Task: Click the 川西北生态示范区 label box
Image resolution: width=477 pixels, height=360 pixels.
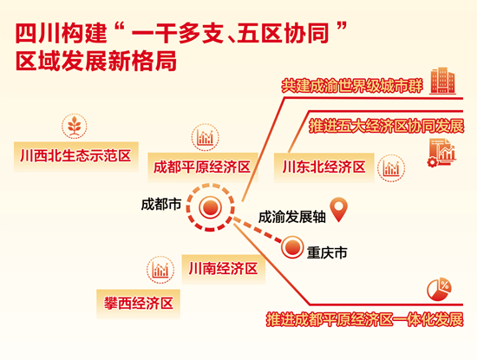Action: (x=76, y=156)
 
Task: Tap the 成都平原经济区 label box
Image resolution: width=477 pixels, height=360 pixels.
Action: (x=203, y=167)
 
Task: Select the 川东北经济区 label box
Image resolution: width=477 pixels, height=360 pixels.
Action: (x=324, y=167)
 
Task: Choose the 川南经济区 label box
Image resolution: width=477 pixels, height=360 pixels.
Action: (x=224, y=269)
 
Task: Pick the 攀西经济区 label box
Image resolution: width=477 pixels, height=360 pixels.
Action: (x=139, y=304)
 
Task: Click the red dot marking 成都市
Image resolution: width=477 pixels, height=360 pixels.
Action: (x=210, y=207)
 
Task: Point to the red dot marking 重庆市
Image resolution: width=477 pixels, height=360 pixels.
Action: (x=292, y=247)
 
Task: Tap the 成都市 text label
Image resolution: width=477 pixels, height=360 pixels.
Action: (x=161, y=204)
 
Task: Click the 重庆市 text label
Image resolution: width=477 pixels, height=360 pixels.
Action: (x=327, y=253)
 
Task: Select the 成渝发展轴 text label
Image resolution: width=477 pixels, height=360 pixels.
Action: (x=292, y=217)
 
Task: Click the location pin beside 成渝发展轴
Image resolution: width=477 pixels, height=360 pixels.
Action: (x=339, y=209)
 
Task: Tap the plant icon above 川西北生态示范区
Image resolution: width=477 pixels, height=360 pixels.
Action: (x=75, y=127)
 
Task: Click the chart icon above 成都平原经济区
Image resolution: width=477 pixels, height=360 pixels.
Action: (x=206, y=137)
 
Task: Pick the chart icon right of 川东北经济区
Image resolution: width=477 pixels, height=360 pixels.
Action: (x=391, y=168)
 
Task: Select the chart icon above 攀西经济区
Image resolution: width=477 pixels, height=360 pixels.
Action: (x=160, y=270)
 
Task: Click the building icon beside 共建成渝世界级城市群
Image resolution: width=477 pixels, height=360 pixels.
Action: (x=442, y=81)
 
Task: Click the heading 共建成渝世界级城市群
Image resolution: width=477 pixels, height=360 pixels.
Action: (x=352, y=87)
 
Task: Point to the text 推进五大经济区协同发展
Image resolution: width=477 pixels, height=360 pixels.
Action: (x=387, y=126)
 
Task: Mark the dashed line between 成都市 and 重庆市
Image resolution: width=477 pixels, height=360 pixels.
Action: (x=258, y=230)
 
